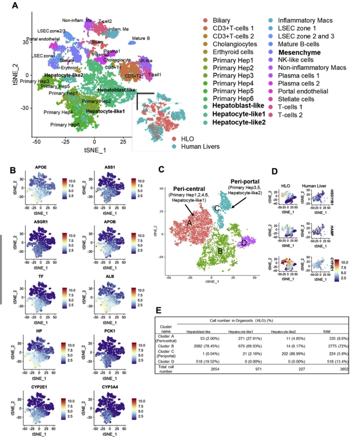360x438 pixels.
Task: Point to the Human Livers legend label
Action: (x=191, y=146)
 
